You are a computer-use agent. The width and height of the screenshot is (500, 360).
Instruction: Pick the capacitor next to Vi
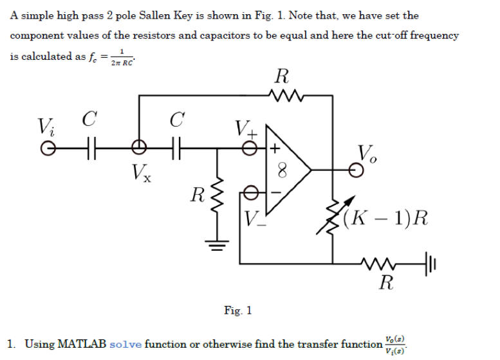(88, 147)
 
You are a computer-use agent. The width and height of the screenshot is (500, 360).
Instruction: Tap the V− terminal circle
(254, 192)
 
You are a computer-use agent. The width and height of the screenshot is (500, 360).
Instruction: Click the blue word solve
(126, 344)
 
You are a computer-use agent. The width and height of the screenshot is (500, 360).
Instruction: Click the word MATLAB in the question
(82, 344)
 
